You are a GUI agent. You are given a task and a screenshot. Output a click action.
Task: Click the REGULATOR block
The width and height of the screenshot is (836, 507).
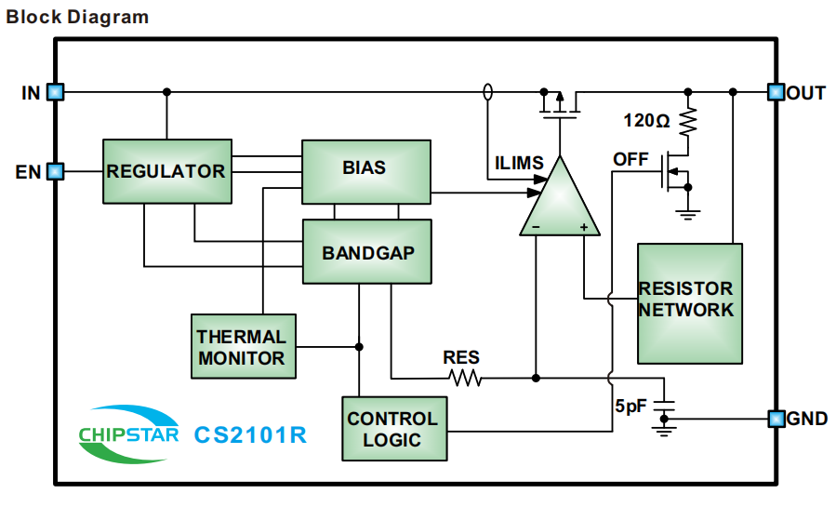click(166, 171)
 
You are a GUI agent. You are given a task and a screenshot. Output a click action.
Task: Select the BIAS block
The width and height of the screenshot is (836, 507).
click(365, 170)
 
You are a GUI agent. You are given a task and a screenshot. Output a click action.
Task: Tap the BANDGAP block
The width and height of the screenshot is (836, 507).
click(366, 251)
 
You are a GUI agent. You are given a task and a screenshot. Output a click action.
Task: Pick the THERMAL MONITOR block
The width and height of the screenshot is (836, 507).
click(243, 346)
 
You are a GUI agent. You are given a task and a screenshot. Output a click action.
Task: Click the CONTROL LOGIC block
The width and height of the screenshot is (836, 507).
click(394, 428)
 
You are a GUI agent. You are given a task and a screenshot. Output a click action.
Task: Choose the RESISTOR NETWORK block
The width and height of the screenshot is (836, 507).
click(689, 302)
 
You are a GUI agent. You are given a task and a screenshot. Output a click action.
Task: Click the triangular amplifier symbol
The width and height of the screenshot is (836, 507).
click(559, 200)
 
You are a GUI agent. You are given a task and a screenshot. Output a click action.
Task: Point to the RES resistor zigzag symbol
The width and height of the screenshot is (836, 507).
click(464, 378)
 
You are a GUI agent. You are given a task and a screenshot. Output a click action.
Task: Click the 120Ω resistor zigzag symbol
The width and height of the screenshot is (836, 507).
click(688, 121)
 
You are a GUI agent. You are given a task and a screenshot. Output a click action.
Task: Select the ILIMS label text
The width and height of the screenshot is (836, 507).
click(518, 164)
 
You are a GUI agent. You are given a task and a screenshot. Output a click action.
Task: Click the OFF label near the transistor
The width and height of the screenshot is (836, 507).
click(630, 159)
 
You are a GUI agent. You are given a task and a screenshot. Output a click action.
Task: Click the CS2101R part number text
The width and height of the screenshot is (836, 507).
click(249, 434)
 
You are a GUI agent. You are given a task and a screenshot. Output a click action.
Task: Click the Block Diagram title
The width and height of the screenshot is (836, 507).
click(77, 17)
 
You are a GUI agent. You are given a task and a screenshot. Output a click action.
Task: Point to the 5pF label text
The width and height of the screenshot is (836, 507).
click(630, 407)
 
